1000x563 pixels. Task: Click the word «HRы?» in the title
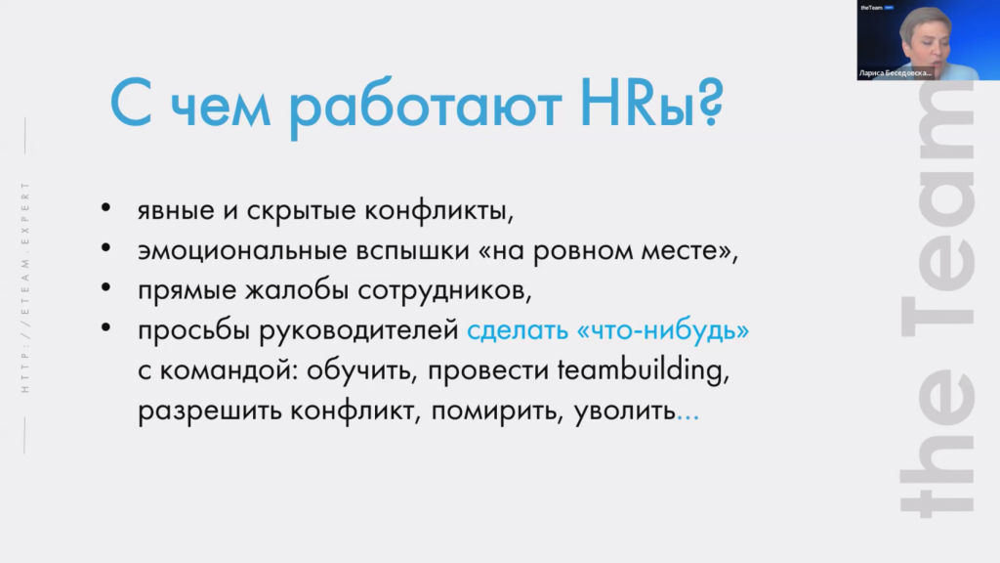pos(651,102)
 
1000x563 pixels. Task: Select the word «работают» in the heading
pos(426,107)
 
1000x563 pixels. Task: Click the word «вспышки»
pos(413,251)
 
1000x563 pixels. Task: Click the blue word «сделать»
pos(518,330)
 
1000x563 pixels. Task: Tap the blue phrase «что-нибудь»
pos(663,329)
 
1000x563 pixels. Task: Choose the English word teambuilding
pos(644,370)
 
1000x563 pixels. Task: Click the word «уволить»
pos(624,411)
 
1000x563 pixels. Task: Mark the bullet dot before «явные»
pos(105,207)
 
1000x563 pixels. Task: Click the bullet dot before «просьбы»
pos(105,327)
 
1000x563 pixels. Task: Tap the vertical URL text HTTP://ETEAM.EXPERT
pos(25,286)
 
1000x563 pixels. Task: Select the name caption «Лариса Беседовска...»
pos(895,72)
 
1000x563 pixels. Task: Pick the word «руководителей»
pos(358,330)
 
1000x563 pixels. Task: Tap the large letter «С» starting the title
pos(131,103)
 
